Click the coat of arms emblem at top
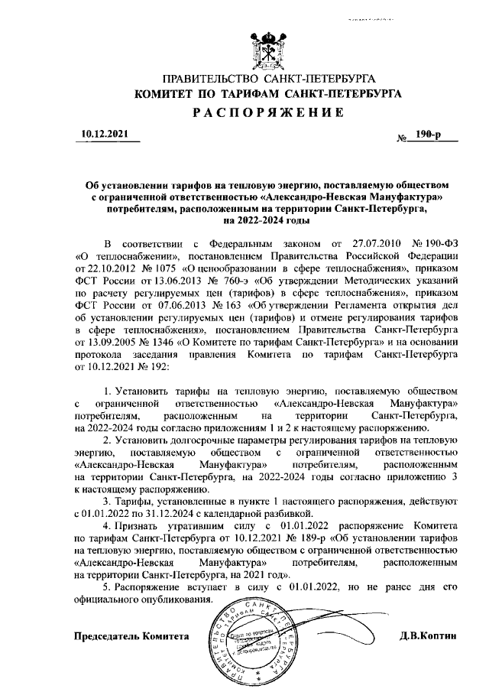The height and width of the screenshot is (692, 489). coord(268,50)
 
